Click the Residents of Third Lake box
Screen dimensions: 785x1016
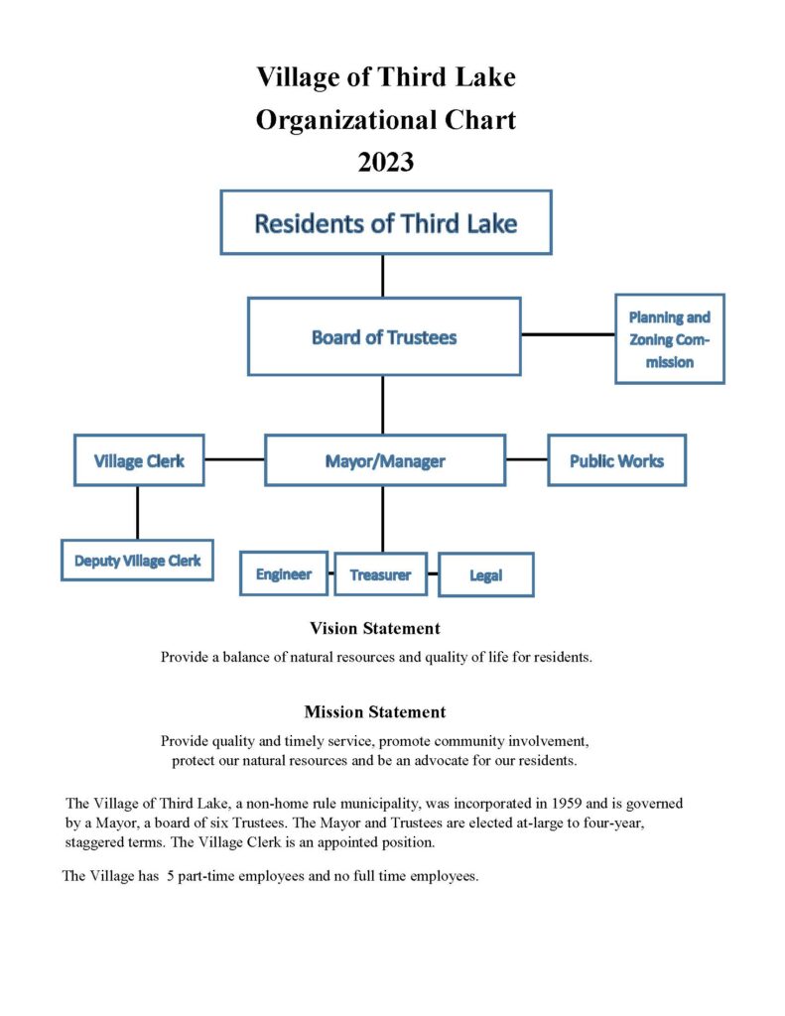[x=386, y=222]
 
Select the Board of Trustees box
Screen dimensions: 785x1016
[x=384, y=336]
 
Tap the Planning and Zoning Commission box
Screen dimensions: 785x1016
[x=670, y=339]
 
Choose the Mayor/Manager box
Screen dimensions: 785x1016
[x=385, y=460]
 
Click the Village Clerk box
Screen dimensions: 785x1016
[x=139, y=460]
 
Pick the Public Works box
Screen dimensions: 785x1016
[x=616, y=460]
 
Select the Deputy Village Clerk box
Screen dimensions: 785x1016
[x=137, y=560]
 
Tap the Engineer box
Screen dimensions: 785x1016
[x=283, y=573]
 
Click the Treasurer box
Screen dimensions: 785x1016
[x=380, y=574]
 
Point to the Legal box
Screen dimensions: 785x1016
[x=486, y=574]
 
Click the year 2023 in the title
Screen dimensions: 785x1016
[x=386, y=162]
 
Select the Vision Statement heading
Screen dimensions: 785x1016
[x=375, y=628]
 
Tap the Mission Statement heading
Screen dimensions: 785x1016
[x=375, y=711]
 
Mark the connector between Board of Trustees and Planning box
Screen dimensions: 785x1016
[x=568, y=334]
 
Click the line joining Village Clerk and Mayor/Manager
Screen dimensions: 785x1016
[x=234, y=458]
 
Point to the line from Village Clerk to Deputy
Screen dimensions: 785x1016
[x=137, y=512]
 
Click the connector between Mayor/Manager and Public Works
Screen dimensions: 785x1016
[x=526, y=458]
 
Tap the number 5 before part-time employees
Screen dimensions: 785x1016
[x=171, y=876]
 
